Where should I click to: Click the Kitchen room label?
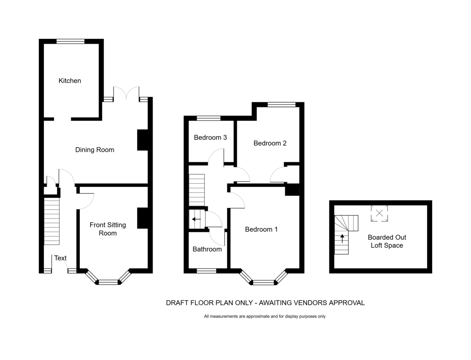[70, 80]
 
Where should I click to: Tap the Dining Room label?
[95, 150]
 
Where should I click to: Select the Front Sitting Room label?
[108, 229]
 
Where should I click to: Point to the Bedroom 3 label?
[210, 137]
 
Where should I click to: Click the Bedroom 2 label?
[270, 143]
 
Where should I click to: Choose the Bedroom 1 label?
[261, 229]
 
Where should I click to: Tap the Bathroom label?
[207, 249]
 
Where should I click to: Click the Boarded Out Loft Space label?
[387, 241]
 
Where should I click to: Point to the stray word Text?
[60, 258]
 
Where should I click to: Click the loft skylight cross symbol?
[380, 213]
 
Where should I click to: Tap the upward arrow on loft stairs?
[342, 238]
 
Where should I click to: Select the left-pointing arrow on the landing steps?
[196, 219]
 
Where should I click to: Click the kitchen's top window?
[70, 41]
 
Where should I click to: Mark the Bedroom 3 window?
[208, 118]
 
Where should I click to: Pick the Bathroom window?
[206, 271]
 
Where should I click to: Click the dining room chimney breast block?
[143, 140]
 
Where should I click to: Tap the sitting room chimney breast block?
[143, 218]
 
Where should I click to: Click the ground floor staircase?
[52, 221]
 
